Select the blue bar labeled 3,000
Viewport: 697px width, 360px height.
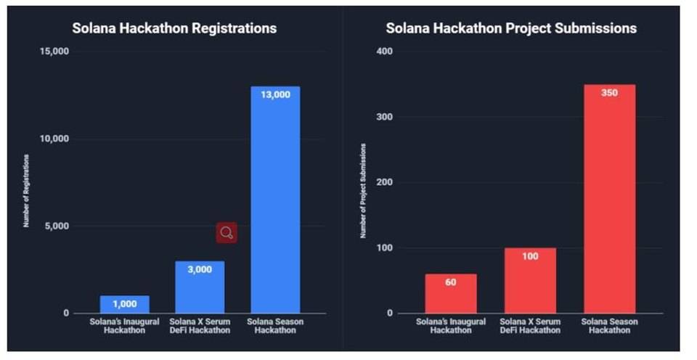click(x=200, y=287)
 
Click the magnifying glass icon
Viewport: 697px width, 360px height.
click(x=227, y=232)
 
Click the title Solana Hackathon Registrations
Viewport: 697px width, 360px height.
click(x=174, y=28)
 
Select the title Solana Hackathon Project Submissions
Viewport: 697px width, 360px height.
click(x=511, y=28)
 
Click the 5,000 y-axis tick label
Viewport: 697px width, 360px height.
click(x=56, y=226)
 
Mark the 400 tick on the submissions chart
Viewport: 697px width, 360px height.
click(x=385, y=52)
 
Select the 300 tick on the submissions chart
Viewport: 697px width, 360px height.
click(x=385, y=117)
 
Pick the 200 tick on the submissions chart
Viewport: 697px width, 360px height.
click(x=385, y=182)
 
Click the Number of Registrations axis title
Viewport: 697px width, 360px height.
click(x=25, y=190)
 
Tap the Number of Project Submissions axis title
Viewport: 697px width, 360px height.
click(x=363, y=190)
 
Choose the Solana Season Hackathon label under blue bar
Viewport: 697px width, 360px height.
click(x=275, y=325)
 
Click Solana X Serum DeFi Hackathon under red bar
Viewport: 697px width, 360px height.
click(x=530, y=325)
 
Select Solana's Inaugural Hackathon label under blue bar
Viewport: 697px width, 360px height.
click(x=124, y=325)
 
